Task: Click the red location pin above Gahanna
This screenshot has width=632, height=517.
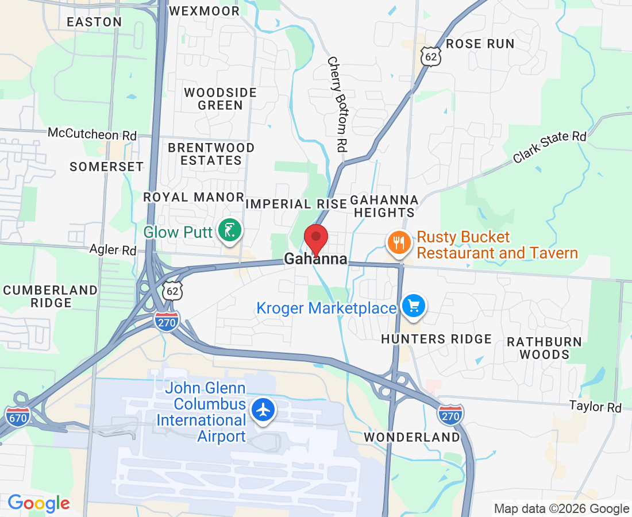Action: [x=315, y=237]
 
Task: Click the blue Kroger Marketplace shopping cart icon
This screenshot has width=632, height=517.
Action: [x=413, y=306]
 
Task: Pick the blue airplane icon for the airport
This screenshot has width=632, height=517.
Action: [x=264, y=410]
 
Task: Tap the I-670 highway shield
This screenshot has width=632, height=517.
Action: [x=18, y=416]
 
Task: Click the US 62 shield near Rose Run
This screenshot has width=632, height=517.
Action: [x=430, y=56]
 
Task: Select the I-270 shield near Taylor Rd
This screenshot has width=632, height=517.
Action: [x=451, y=414]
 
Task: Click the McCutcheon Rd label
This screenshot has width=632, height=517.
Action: [x=92, y=134]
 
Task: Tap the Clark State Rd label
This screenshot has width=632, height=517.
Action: [x=550, y=146]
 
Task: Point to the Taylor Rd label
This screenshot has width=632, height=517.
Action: [x=596, y=406]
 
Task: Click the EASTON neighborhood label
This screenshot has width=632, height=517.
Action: [x=94, y=22]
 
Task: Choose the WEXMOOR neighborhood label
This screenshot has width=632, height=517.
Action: [x=205, y=11]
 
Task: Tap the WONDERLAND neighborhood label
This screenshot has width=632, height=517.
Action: [x=413, y=437]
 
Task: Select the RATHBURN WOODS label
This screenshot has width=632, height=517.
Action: [x=544, y=348]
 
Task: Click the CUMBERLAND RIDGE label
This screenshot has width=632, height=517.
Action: [x=51, y=296]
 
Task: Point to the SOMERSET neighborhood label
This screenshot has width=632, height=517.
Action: [x=106, y=167]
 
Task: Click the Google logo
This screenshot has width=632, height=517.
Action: [x=38, y=503]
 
